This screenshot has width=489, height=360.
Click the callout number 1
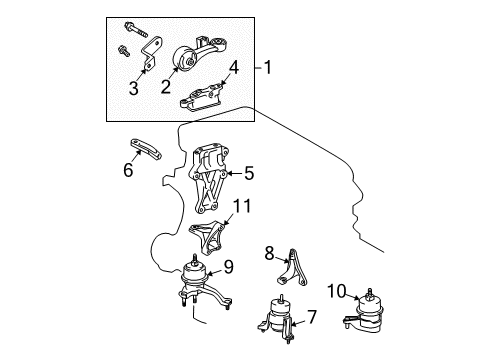coord(269,69)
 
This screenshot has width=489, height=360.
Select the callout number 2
coord(165,87)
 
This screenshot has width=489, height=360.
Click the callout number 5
coord(248,173)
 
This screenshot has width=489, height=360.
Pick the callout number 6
coord(127,171)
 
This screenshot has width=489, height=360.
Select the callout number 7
coord(311,317)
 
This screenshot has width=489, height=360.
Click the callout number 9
coord(228,266)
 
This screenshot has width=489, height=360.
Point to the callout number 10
coord(337,291)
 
